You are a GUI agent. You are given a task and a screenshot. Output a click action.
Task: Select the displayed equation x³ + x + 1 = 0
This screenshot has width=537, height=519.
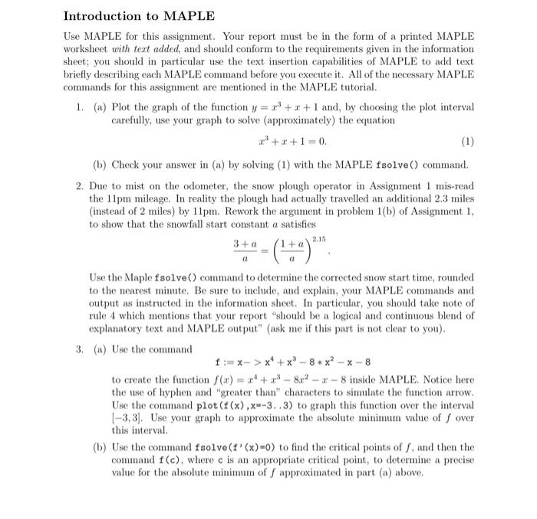click(283, 141)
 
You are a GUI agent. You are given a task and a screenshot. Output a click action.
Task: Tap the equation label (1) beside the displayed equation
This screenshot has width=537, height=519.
click(468, 141)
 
